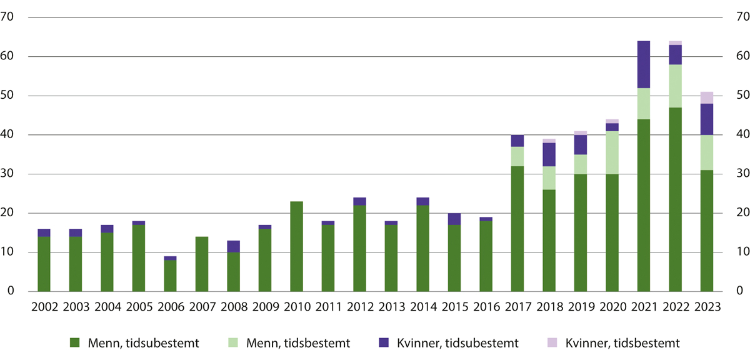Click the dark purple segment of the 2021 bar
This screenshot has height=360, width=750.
(644, 64)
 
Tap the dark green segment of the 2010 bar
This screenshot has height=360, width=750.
(297, 246)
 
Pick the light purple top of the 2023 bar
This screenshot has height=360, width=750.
(707, 97)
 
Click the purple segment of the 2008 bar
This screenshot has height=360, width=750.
(233, 246)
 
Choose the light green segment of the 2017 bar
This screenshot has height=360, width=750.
(517, 156)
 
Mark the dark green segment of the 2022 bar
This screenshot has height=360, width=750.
(676, 199)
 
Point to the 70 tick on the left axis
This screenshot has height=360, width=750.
(8, 17)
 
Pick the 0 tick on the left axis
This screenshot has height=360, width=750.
(11, 291)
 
